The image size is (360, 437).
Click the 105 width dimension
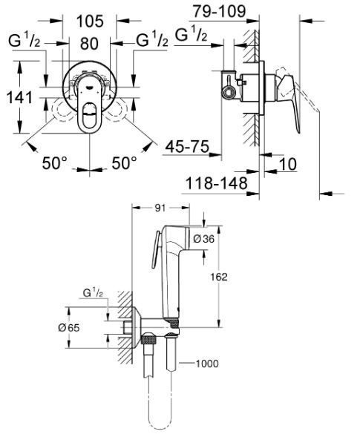pyautogui.click(x=90, y=22)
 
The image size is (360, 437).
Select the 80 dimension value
pyautogui.click(x=89, y=44)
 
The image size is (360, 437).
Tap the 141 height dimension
pyautogui.click(x=19, y=97)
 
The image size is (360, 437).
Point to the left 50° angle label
pyautogui.click(x=55, y=162)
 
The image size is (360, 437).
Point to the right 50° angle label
pyautogui.click(x=125, y=162)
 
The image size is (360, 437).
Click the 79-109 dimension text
pyautogui.click(x=220, y=11)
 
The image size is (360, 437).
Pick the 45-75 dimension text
pyautogui.click(x=187, y=146)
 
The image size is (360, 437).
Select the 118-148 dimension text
pyautogui.click(x=217, y=183)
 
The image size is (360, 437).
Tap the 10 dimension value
pyautogui.click(x=287, y=164)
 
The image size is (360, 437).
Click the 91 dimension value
pyautogui.click(x=160, y=208)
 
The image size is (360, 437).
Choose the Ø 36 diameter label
pyautogui.click(x=204, y=239)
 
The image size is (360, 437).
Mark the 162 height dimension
pyautogui.click(x=219, y=277)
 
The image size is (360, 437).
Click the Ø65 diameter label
pyautogui.click(x=69, y=328)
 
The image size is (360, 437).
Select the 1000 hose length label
pyautogui.click(x=207, y=364)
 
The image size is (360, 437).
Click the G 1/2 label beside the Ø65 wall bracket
pyautogui.click(x=93, y=293)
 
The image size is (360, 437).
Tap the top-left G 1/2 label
pyautogui.click(x=24, y=41)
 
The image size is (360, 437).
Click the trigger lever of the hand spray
pyautogui.click(x=156, y=250)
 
